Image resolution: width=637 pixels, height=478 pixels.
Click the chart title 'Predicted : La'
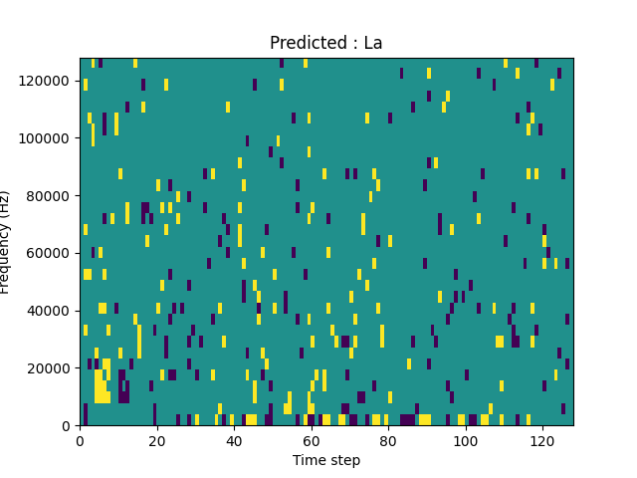325,44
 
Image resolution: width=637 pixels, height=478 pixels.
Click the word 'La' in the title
372,44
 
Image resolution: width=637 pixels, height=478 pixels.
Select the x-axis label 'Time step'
326,460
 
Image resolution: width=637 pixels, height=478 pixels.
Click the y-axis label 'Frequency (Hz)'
6,242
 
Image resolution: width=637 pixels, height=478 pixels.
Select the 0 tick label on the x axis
80,440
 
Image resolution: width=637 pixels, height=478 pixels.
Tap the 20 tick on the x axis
157,440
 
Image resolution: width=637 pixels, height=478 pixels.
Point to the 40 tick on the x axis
234,440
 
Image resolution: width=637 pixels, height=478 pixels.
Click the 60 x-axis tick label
312,440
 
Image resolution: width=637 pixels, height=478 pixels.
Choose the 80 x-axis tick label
388,440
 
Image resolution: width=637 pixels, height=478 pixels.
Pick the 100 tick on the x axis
466,440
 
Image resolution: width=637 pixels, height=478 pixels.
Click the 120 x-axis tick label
542,440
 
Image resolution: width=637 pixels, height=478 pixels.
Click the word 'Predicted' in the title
306,44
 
